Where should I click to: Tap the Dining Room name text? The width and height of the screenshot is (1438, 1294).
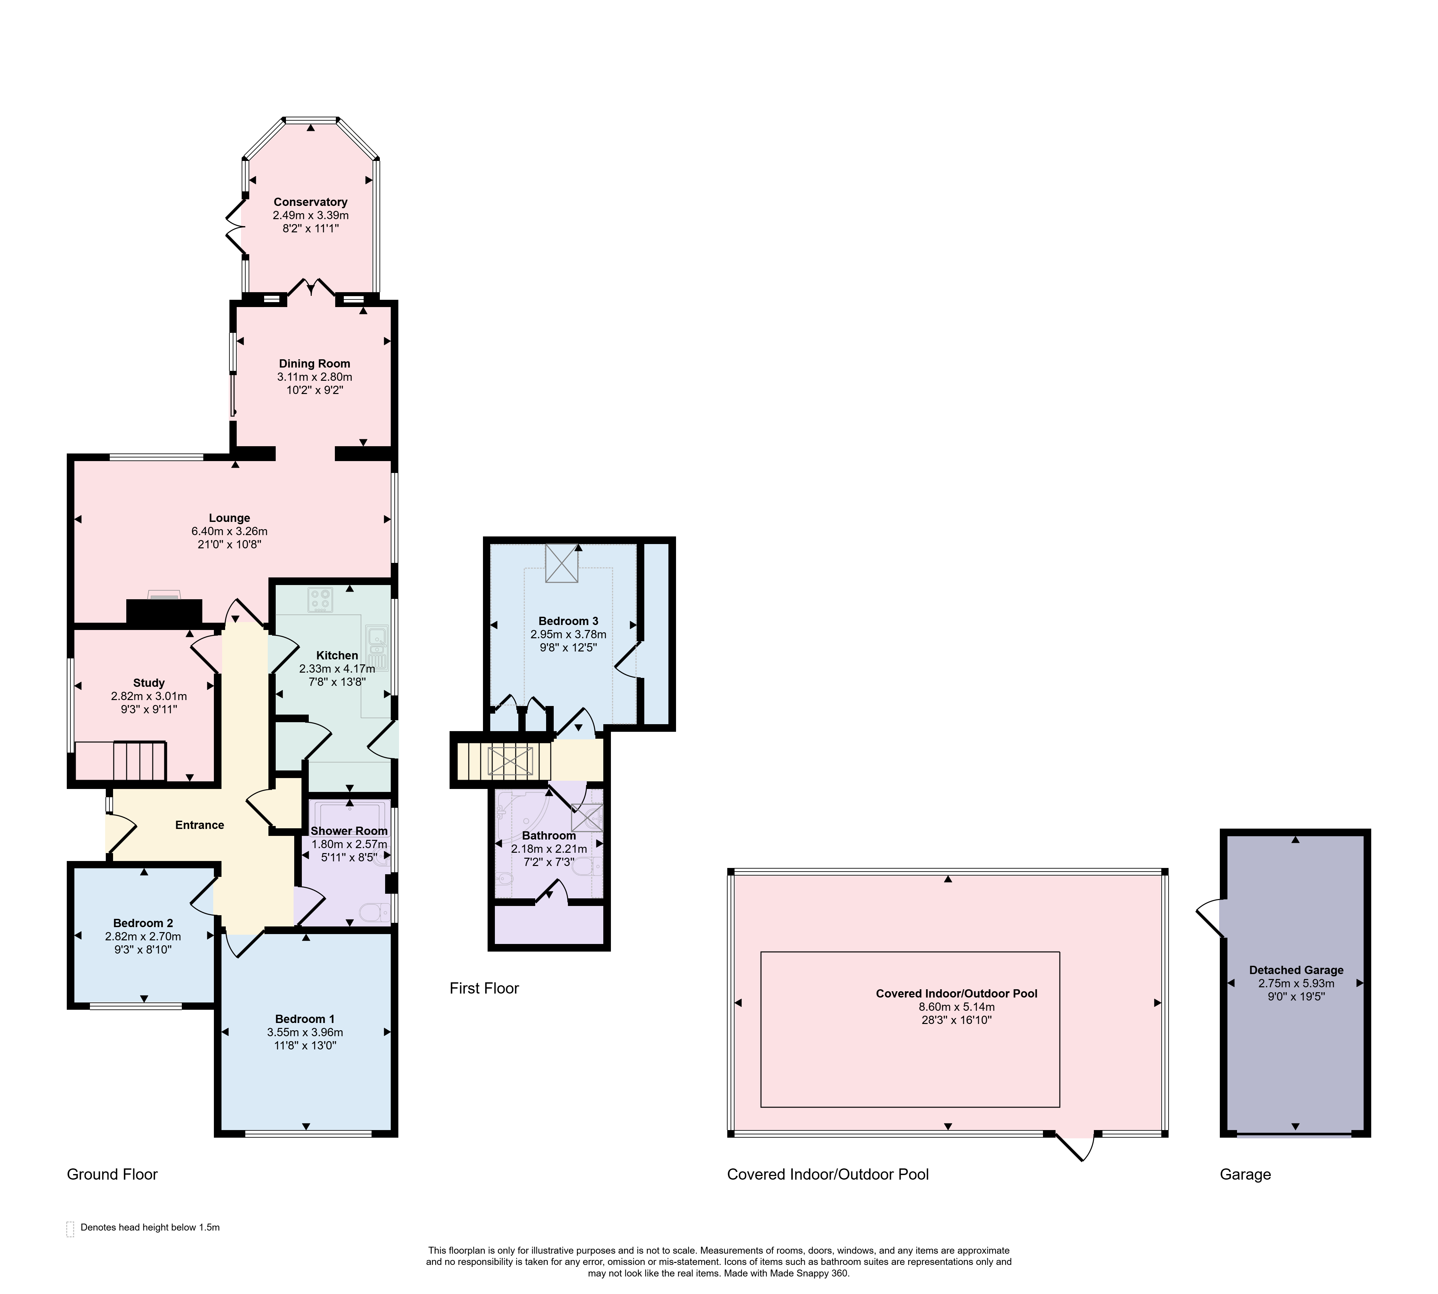(314, 363)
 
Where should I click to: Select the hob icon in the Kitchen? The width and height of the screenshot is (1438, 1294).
(320, 599)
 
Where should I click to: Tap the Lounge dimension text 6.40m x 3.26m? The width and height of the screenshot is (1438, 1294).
(229, 531)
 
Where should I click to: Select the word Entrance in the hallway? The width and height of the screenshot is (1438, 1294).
(200, 825)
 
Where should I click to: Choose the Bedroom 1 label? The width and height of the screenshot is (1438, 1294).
(305, 1019)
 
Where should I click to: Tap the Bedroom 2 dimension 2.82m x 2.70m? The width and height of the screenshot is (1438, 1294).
(143, 936)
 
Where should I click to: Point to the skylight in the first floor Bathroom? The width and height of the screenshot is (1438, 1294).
(587, 817)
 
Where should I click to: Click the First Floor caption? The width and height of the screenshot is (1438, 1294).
(484, 988)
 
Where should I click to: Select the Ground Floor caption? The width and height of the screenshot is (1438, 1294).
(112, 1174)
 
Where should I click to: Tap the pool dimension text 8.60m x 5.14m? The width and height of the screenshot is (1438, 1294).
(957, 1007)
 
